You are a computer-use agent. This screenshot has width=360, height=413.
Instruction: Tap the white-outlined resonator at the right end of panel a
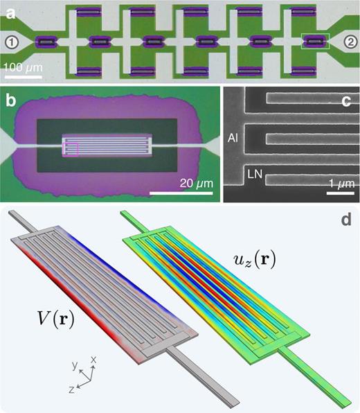tap(315, 42)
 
